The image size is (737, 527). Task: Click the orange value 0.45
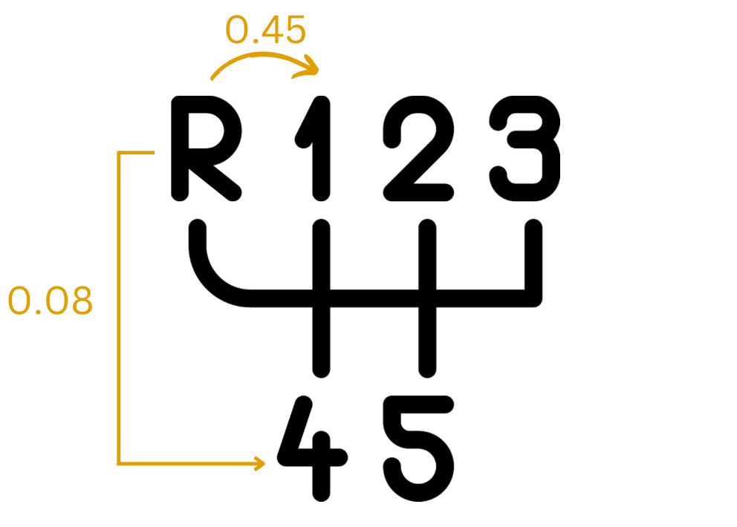click(265, 31)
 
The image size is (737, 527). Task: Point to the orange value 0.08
click(51, 302)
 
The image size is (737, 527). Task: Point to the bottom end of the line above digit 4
click(320, 367)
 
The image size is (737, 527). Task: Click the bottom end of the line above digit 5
click(426, 367)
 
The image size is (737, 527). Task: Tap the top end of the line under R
click(198, 227)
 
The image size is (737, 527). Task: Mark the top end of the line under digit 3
click(533, 227)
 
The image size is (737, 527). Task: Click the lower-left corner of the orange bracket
click(119, 464)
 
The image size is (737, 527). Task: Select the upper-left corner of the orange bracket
click(119, 153)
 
